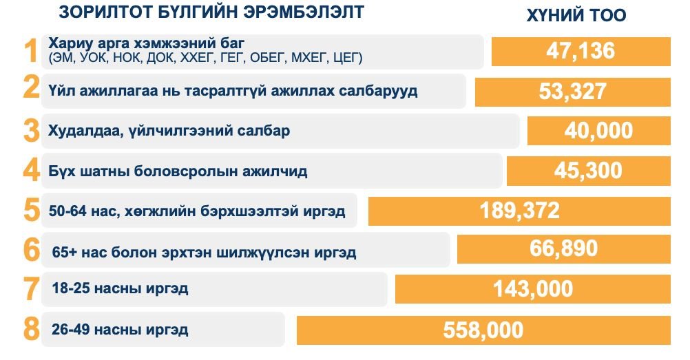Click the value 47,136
[580, 50]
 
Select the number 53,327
[572, 91]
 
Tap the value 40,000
[598, 130]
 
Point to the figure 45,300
[588, 170]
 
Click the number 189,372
[519, 211]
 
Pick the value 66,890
[563, 248]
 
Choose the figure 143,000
[532, 289]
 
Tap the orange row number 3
[31, 131]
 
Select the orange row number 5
[31, 211]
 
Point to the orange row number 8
[31, 329]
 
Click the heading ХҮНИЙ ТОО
[576, 16]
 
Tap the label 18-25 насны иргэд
[120, 288]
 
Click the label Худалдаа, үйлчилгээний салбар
[169, 131]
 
